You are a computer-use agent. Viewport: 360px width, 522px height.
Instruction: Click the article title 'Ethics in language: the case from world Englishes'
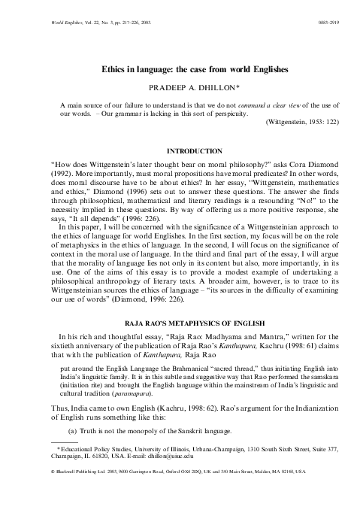180,68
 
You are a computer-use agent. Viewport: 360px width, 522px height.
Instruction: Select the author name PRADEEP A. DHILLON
180,86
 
